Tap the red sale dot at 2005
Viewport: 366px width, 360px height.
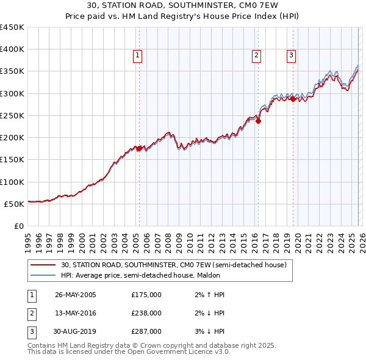tap(139, 148)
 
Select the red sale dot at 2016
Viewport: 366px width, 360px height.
tap(258, 121)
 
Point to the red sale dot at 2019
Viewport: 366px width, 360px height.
tap(293, 99)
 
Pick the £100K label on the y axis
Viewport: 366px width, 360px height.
tap(12, 182)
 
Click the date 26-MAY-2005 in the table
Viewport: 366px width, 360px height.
tap(76, 295)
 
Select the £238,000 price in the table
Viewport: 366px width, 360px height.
tap(146, 313)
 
